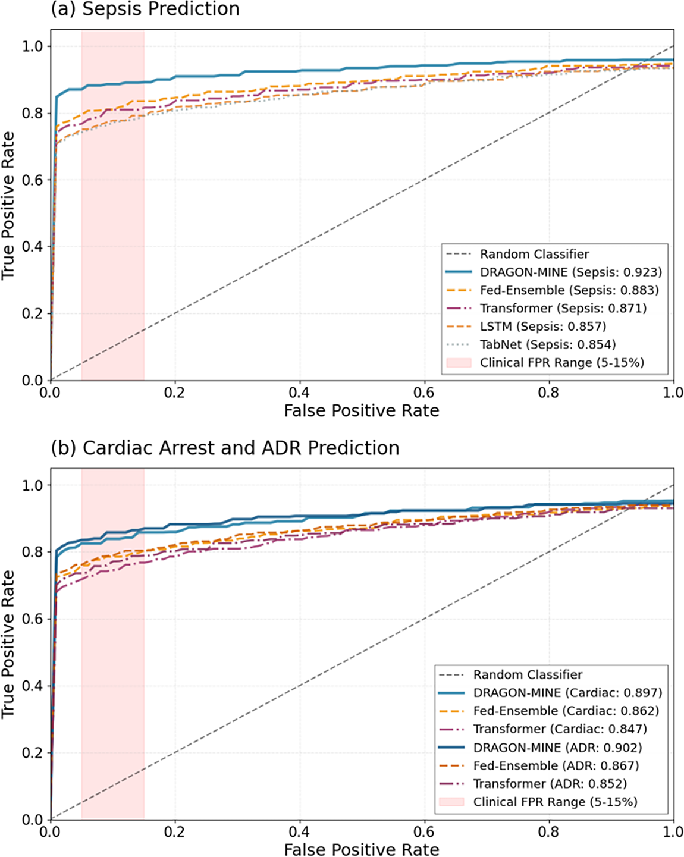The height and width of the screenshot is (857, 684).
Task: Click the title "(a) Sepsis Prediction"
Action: pos(145,10)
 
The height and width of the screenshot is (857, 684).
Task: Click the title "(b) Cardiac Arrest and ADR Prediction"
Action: pos(225,448)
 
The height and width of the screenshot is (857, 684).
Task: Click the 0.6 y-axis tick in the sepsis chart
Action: pos(33,180)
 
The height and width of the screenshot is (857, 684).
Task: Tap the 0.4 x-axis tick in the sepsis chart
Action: pos(299,393)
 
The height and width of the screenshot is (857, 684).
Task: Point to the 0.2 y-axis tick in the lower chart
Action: pos(33,753)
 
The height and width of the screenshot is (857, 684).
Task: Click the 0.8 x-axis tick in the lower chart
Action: pos(548,831)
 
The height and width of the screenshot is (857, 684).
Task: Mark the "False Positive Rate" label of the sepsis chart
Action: pos(361,411)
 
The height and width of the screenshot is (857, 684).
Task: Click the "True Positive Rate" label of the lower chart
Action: pos(8,643)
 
